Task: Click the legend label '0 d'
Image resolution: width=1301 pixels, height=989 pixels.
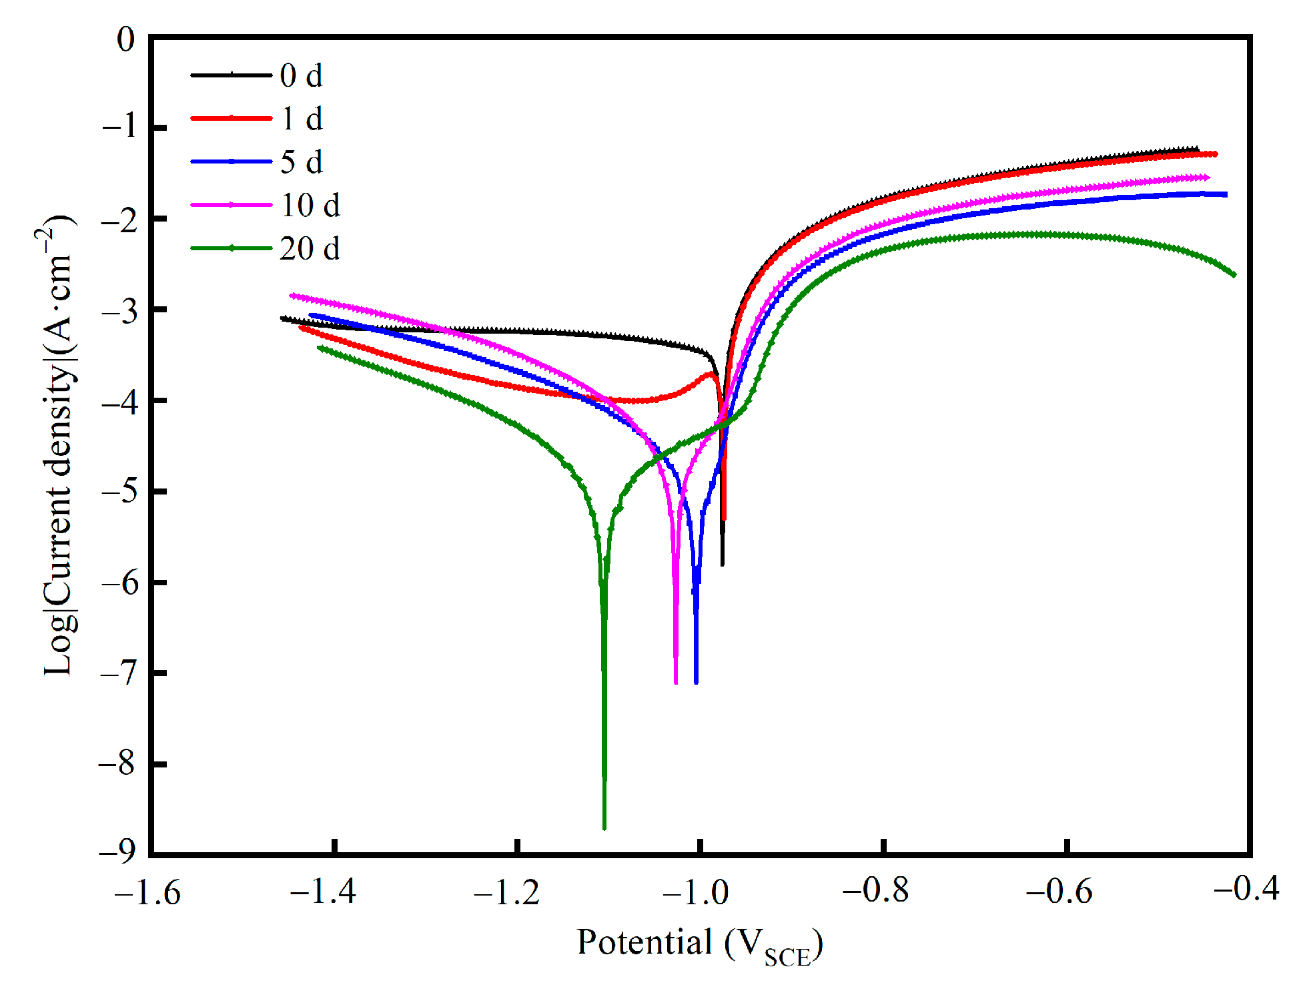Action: (x=301, y=76)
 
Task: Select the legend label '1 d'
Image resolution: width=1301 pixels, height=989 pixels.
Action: (x=301, y=119)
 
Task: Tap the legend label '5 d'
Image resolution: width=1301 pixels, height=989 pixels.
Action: (x=301, y=163)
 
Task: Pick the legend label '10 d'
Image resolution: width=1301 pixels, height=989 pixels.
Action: (x=310, y=206)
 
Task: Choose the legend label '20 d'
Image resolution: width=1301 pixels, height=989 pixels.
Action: (x=310, y=249)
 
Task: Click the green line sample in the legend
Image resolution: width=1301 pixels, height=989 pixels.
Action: (x=231, y=248)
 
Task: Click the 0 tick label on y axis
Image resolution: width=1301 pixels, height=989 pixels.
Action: (x=125, y=40)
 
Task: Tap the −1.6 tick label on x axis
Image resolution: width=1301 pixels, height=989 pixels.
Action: (x=147, y=892)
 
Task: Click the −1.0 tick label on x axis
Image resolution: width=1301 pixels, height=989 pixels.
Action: (x=697, y=892)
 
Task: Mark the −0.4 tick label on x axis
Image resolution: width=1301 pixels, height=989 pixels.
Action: (x=1246, y=889)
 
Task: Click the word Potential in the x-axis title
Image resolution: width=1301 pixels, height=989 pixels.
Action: (x=644, y=942)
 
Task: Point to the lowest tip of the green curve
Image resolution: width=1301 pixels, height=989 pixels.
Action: (x=604, y=828)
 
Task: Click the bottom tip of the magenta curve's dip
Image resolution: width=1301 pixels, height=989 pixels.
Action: (x=676, y=683)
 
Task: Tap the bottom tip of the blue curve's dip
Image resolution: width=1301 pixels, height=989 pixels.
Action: (x=696, y=683)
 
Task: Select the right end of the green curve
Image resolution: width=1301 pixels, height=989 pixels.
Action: (x=1234, y=275)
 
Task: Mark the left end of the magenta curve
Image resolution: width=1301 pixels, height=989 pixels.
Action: (x=292, y=295)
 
